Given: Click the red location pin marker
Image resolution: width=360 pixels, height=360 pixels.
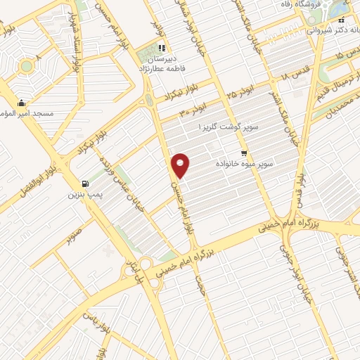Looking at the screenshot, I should [181, 165].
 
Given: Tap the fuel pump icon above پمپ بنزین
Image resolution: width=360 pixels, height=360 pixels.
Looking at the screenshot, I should [85, 180].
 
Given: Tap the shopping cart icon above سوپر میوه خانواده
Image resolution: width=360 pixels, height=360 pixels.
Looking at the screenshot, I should [244, 153].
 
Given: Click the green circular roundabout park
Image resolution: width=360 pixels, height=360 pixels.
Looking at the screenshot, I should [26, 67].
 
